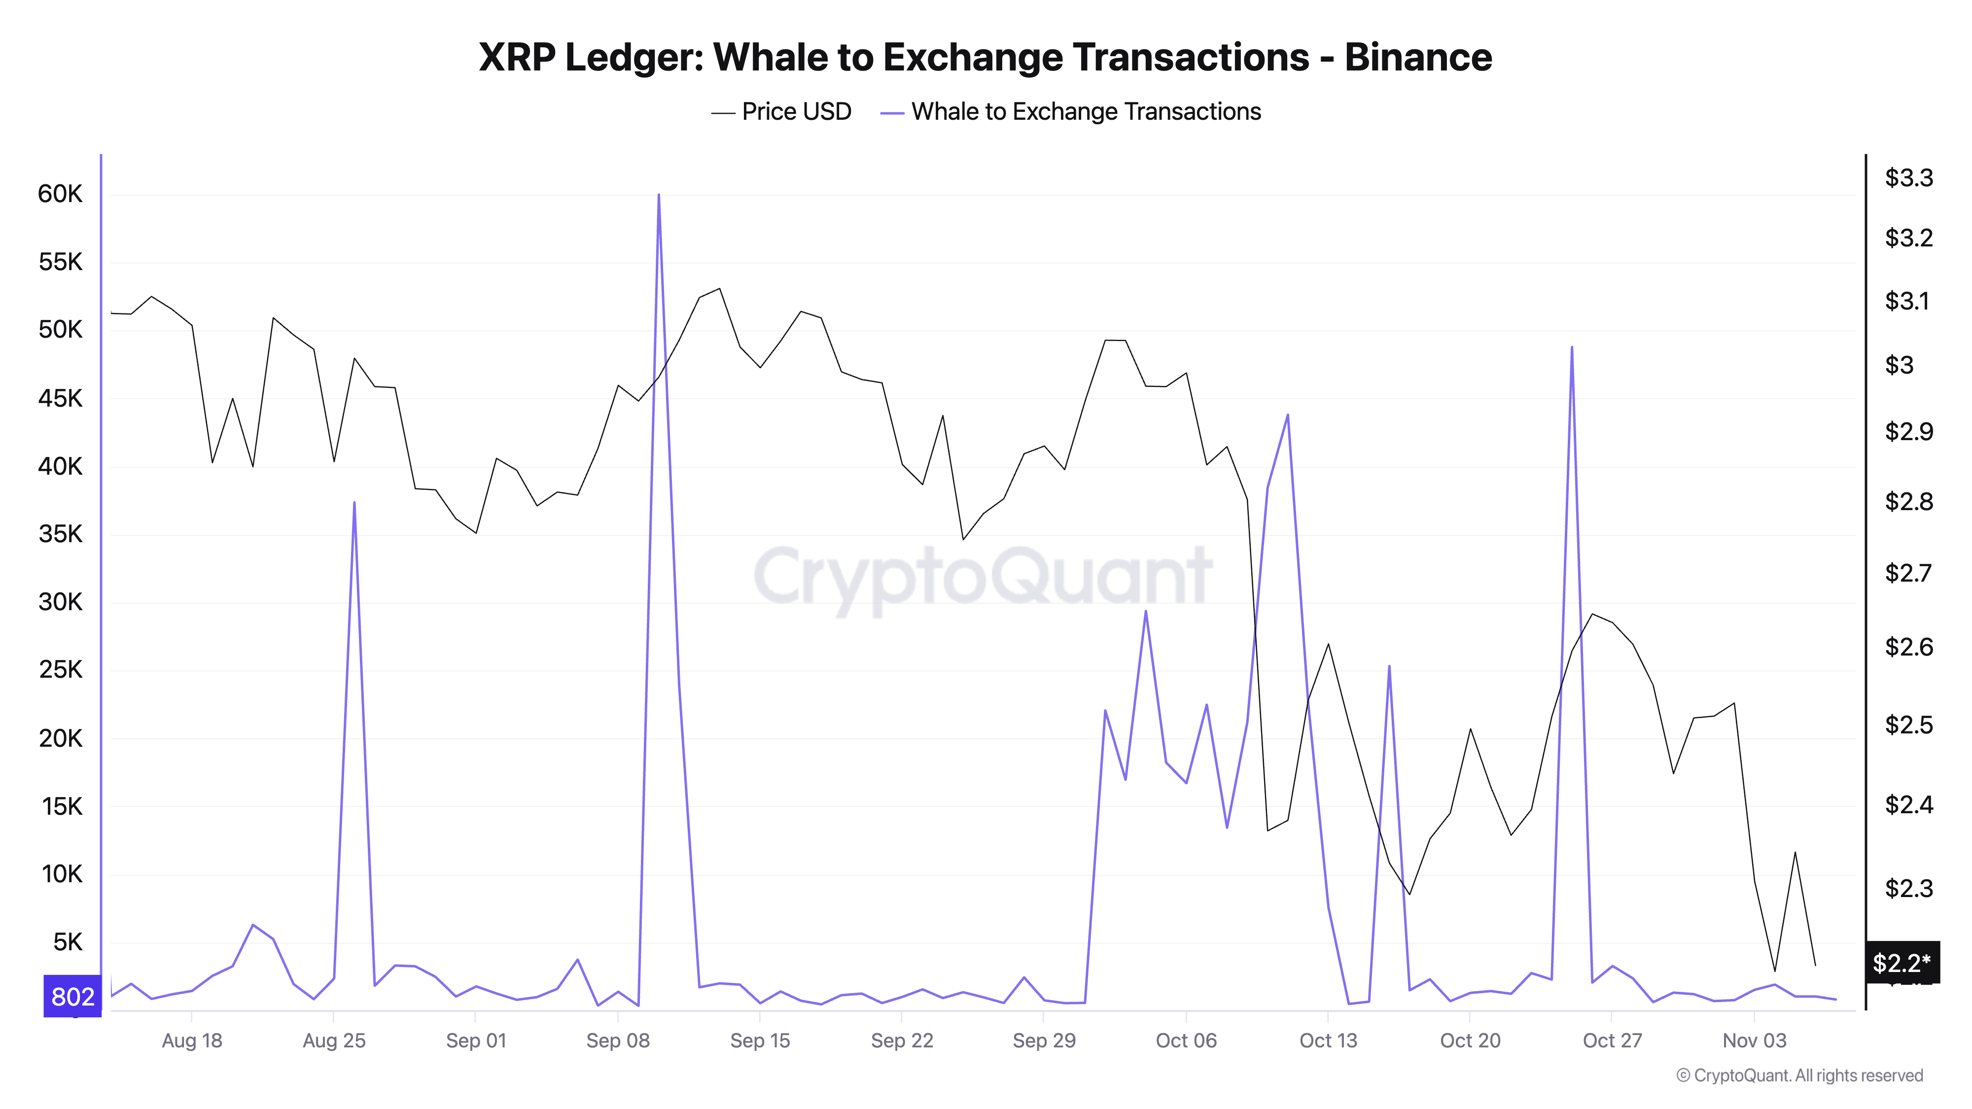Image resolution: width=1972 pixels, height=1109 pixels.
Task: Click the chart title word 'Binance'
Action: (x=1418, y=57)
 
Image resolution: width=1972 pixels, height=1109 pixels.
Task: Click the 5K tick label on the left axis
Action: (x=68, y=942)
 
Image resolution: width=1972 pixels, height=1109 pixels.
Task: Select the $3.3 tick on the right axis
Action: (x=1908, y=177)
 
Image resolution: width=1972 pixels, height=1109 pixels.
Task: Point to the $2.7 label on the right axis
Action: (x=1908, y=572)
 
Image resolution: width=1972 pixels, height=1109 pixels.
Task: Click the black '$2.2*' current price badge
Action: (x=1902, y=962)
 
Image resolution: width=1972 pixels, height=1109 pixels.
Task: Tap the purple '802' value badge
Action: (x=73, y=997)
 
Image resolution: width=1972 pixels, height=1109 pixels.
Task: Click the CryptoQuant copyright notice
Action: (x=1799, y=1075)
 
